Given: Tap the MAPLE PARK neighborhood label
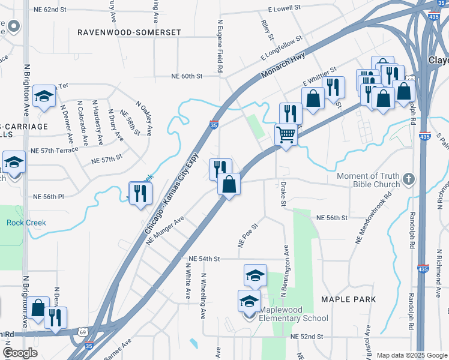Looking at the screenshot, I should click(x=348, y=299).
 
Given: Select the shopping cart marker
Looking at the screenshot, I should click(x=286, y=135).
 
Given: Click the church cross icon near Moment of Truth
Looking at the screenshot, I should click(x=409, y=179).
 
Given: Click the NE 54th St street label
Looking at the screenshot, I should click(x=205, y=259).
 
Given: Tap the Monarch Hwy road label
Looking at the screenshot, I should click(x=283, y=65).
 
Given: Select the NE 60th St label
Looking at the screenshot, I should click(x=187, y=76).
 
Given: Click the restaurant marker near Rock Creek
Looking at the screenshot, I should click(x=140, y=193).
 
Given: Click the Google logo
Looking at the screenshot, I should click(x=20, y=353).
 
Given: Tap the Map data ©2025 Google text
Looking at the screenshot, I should click(x=411, y=355).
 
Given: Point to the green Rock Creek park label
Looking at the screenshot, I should click(x=26, y=223).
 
